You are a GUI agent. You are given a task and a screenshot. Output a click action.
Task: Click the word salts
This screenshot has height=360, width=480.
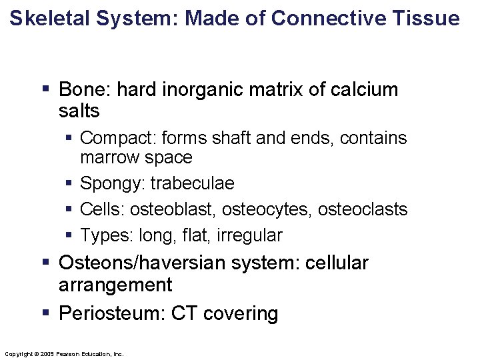pos(79,110)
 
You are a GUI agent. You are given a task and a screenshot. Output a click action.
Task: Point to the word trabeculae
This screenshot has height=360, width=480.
pos(193,183)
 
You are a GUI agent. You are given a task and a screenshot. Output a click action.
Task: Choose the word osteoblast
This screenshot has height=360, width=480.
pos(172,209)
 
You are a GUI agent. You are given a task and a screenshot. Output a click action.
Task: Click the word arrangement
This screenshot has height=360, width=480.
pos(115,285)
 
